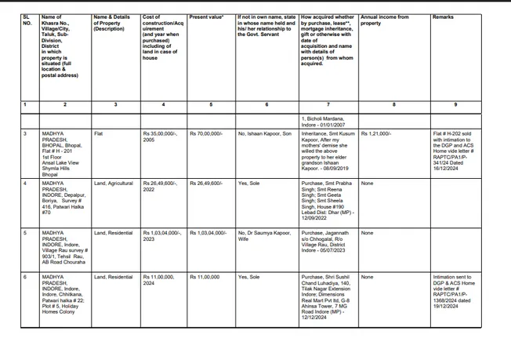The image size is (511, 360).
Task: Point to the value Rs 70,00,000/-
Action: pos(206,134)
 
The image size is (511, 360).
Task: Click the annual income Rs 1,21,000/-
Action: pos(376,134)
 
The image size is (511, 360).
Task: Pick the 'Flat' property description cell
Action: pos(99,134)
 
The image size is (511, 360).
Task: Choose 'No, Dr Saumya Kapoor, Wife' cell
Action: pos(264,236)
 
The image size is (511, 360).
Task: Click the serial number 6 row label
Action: pos(25,277)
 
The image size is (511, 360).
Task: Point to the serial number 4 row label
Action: pos(25,184)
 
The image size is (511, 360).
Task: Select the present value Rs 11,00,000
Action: pos(205,277)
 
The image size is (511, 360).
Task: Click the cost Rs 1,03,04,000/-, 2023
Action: pos(162,236)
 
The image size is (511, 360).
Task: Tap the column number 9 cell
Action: pos(455,104)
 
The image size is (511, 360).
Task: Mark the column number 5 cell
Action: pos(210,104)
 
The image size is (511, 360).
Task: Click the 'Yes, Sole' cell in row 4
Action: pos(249,184)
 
